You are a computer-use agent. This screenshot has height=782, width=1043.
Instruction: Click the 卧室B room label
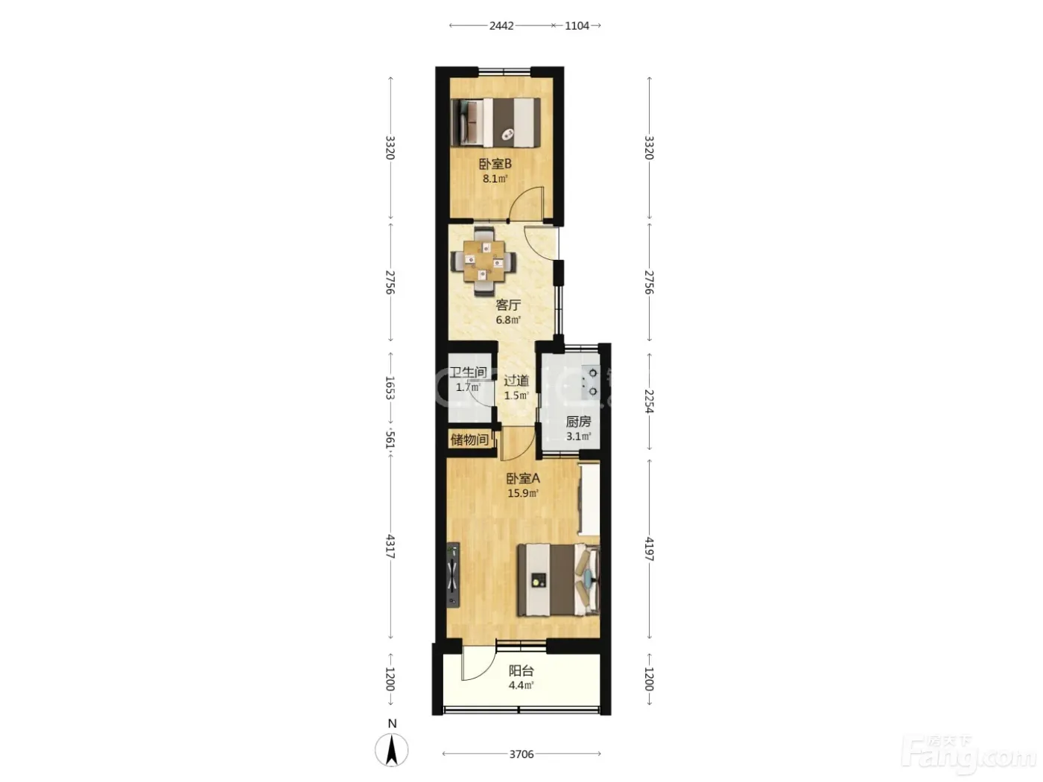pyautogui.click(x=495, y=165)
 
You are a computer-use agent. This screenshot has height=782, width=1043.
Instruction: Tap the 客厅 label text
pyautogui.click(x=508, y=305)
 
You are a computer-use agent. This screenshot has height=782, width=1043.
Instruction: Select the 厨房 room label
pyautogui.click(x=578, y=422)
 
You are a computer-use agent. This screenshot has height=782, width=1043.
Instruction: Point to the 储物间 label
pyautogui.click(x=469, y=439)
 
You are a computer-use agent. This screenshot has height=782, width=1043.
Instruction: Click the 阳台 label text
pyautogui.click(x=521, y=671)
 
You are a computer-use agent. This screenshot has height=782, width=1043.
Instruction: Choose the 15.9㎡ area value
pyautogui.click(x=523, y=493)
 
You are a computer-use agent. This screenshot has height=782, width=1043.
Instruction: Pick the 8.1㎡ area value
pyautogui.click(x=495, y=179)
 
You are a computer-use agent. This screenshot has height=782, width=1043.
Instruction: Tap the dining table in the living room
pyautogui.click(x=484, y=261)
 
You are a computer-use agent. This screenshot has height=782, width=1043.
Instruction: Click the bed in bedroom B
pyautogui.click(x=495, y=122)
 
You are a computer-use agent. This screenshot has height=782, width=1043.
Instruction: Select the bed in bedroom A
pyautogui.click(x=559, y=579)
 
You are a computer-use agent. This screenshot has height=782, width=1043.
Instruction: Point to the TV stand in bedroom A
pyautogui.click(x=453, y=575)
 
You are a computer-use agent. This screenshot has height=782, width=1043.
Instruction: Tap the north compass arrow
pyautogui.click(x=392, y=750)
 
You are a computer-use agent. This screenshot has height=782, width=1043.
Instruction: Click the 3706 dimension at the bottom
pyautogui.click(x=521, y=754)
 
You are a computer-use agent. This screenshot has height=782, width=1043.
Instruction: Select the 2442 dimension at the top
pyautogui.click(x=502, y=25)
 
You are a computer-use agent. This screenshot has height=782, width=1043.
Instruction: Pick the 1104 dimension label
pyautogui.click(x=577, y=25)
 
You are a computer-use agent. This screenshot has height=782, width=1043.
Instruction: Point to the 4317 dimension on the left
pyautogui.click(x=390, y=546)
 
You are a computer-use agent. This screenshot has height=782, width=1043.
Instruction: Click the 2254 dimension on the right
pyautogui.click(x=649, y=401)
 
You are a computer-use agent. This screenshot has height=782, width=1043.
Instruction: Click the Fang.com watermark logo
pyautogui.click(x=968, y=756)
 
